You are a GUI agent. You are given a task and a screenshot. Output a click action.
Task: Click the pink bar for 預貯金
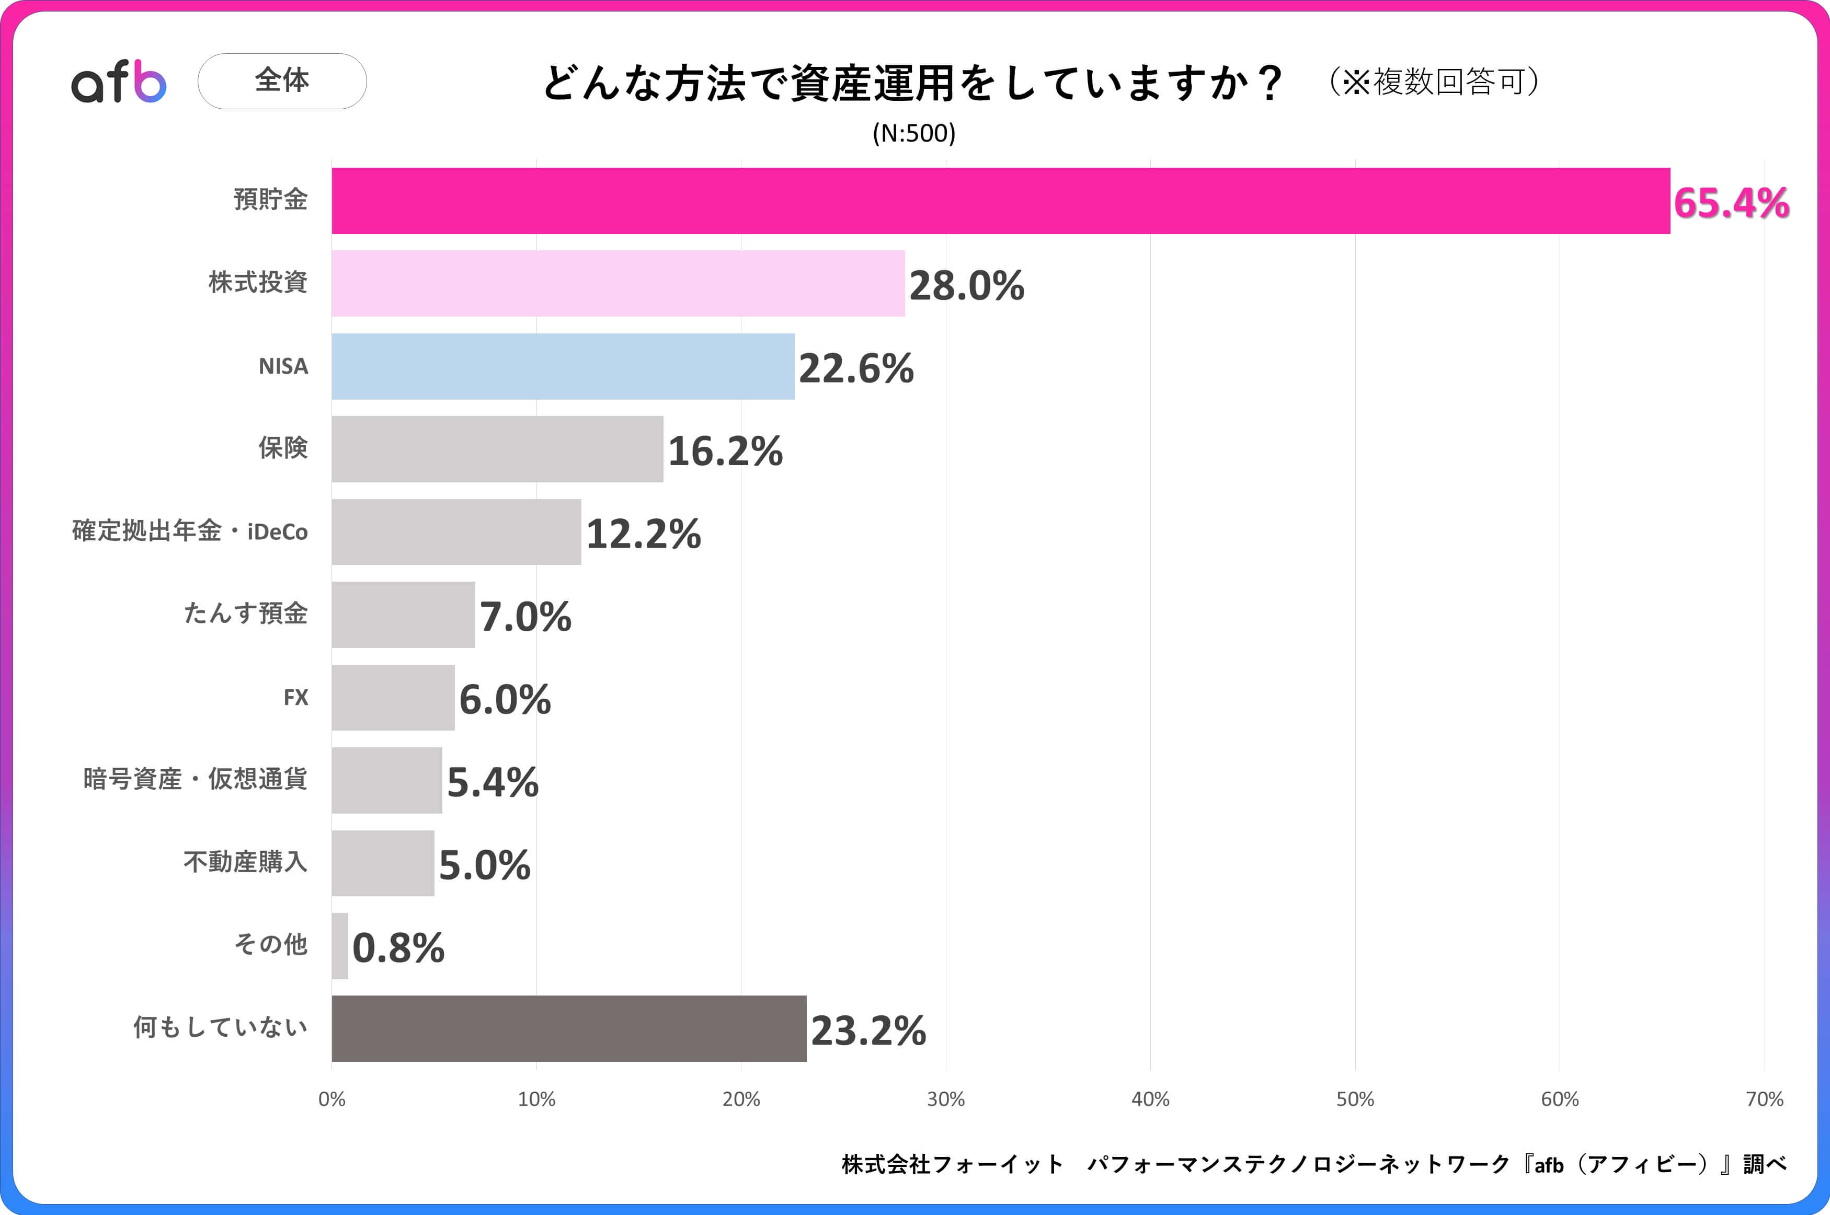pos(1000,201)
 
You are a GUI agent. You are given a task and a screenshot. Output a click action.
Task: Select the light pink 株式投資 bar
pos(617,284)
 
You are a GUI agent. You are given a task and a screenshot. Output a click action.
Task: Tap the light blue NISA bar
pos(563,366)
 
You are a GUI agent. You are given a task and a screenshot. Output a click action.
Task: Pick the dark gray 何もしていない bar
pos(569,1028)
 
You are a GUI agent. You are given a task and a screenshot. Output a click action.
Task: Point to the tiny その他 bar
pos(339,946)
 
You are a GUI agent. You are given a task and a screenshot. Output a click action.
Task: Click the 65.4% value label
pos(1731,203)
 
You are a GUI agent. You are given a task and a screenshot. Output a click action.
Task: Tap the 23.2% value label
pos(868,1031)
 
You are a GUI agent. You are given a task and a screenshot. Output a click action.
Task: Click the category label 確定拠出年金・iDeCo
pos(190,531)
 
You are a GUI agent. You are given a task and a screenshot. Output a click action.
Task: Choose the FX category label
pos(295,698)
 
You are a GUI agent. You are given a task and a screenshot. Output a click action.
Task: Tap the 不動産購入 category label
pos(245,862)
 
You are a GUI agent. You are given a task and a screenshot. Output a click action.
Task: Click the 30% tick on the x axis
pos(946,1099)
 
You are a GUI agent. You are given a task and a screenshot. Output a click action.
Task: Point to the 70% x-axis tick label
pos(1764,1099)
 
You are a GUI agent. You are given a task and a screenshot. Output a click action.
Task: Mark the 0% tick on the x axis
pos(331,1099)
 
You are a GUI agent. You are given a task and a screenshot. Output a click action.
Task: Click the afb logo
pos(119,82)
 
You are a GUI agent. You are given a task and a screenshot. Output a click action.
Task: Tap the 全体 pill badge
pos(282,80)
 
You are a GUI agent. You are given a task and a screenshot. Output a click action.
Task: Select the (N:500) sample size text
pos(914,133)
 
